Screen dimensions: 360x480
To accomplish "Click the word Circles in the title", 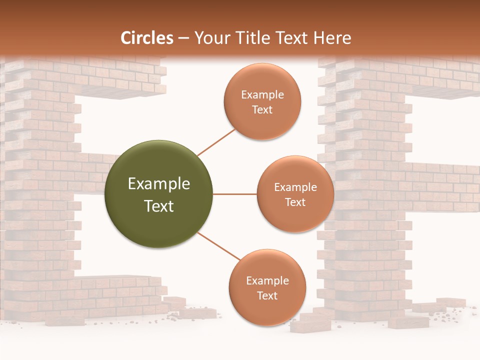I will point(147,38).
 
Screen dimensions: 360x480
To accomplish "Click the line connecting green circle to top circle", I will point(216,142).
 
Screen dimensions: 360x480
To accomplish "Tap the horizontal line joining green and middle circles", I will point(235,194).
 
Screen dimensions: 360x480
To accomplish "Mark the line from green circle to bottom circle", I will point(219,246).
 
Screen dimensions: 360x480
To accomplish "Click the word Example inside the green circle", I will point(159,184).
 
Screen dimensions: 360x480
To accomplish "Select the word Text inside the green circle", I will point(159,206).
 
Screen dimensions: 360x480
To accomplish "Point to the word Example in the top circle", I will point(262,94).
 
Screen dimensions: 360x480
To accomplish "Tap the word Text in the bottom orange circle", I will point(267,295).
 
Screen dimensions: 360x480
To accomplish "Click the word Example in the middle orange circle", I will point(295,187).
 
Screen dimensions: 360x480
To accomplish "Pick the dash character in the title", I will point(183,38).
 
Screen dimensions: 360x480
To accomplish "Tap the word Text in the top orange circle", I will point(262,109).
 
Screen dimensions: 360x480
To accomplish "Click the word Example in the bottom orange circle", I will point(267,280).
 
